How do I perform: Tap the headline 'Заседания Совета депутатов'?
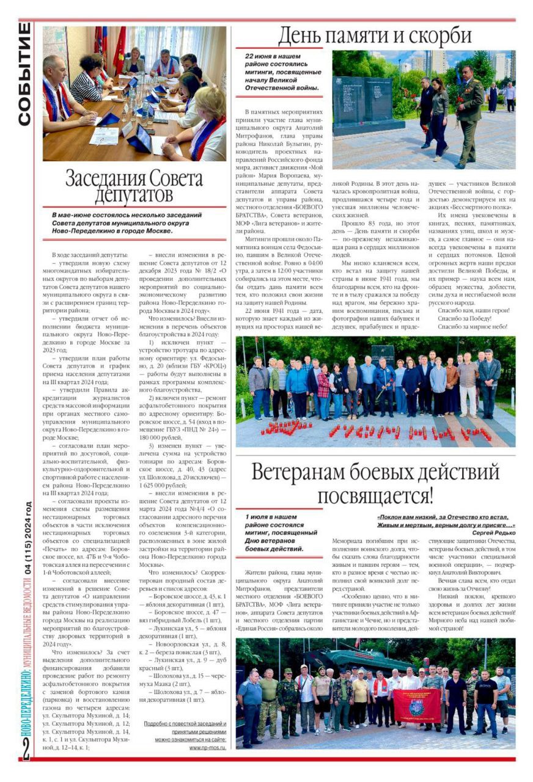(x=134, y=186)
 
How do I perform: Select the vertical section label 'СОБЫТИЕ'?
(x=24, y=73)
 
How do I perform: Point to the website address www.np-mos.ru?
(x=207, y=747)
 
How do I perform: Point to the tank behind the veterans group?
(x=342, y=660)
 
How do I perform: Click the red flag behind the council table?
(x=119, y=49)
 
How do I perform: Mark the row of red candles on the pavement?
(x=373, y=431)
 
